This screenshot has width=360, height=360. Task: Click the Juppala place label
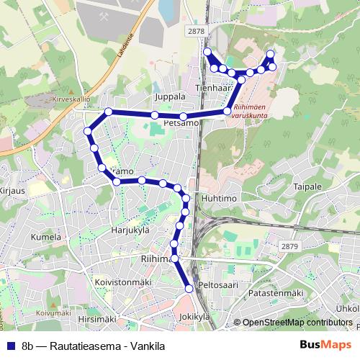pos(170,95)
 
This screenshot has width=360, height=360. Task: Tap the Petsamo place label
pos(181,124)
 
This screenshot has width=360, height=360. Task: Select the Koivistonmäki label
pos(121,282)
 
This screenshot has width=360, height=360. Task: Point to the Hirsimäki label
pos(96,318)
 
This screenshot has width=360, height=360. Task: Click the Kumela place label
pos(45,236)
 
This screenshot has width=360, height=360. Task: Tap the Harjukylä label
pos(130,230)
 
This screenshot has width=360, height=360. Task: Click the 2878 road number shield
pos(195,31)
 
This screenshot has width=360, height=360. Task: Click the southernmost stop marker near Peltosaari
pos(189,288)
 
